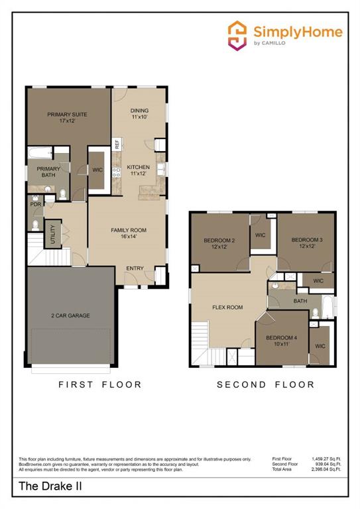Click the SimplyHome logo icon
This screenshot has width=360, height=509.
pyautogui.click(x=237, y=35)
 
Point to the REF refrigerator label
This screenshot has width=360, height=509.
pyautogui.click(x=117, y=142)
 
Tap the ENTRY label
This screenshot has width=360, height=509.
pyautogui.click(x=135, y=268)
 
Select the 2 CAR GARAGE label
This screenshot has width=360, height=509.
pyautogui.click(x=70, y=315)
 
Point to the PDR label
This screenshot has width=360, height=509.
pyautogui.click(x=35, y=205)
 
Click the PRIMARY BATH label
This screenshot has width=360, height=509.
pyautogui.click(x=48, y=172)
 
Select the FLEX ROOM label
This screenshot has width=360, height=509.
pyautogui.click(x=227, y=308)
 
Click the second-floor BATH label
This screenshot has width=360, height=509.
pyautogui.click(x=300, y=301)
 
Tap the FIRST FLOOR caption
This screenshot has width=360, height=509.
pyautogui.click(x=99, y=384)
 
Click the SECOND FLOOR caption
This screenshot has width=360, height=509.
pyautogui.click(x=266, y=384)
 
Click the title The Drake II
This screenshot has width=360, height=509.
pyautogui.click(x=46, y=486)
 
